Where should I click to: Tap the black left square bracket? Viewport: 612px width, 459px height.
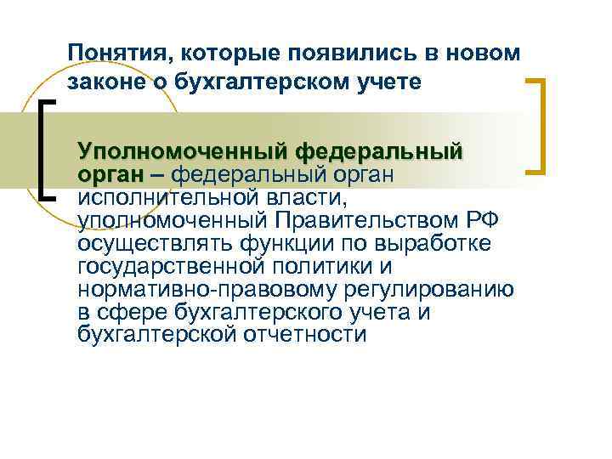point(47,149)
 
